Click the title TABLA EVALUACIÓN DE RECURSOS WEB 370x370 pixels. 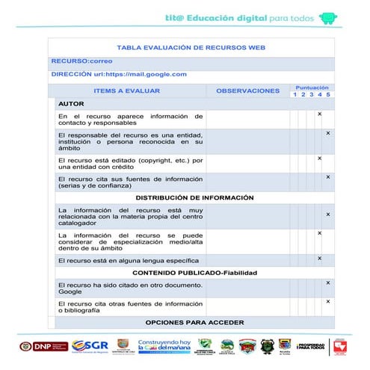point(191,47)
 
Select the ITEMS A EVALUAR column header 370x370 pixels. point(127,90)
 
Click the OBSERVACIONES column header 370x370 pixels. point(247,90)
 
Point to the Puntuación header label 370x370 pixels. point(312,87)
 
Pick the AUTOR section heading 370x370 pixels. point(71,103)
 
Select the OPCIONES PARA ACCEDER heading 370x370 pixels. point(194,322)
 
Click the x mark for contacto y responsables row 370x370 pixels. point(319,114)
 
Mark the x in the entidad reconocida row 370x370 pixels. point(327,133)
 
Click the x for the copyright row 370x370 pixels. point(319,158)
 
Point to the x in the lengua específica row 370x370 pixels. point(319,259)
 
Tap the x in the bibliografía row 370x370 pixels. point(327,302)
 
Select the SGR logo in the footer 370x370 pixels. point(95,345)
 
